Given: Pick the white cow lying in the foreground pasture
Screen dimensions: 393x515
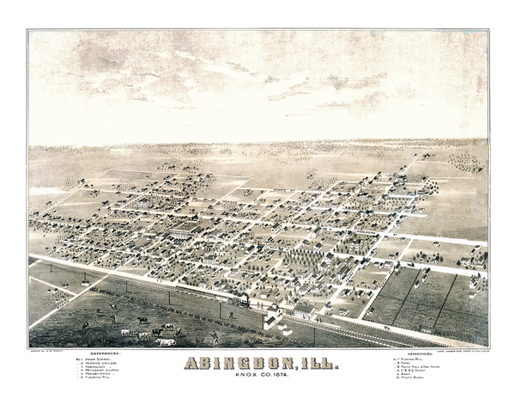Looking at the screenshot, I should click(x=165, y=341).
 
